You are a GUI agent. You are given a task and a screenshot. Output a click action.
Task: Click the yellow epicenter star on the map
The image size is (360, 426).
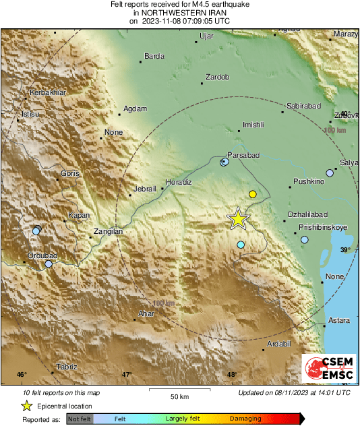tap(238, 218)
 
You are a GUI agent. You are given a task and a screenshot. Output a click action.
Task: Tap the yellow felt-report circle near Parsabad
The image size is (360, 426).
tap(253, 194)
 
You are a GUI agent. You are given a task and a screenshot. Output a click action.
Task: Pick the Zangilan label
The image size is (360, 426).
tap(108, 231)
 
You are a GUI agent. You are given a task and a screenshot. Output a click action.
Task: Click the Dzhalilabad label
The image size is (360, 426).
tap(307, 214)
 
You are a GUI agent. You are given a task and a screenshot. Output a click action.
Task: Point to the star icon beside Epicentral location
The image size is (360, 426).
tap(26, 406)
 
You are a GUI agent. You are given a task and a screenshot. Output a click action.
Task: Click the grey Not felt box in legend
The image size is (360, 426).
tap(80, 419)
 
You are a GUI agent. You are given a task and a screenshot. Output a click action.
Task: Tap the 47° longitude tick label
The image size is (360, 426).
tap(127, 375)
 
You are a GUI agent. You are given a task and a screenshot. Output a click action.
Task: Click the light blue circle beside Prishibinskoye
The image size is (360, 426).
tap(305, 239)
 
